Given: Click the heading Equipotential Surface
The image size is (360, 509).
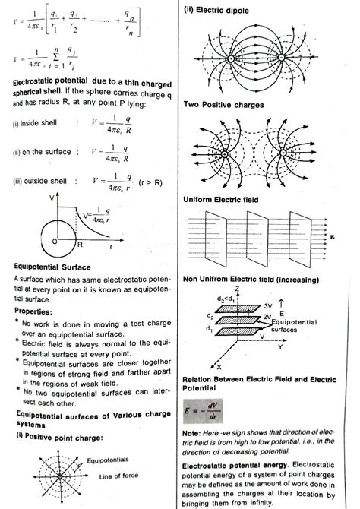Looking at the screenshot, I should coord(52,267).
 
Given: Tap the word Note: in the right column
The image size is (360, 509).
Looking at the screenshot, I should coord(192,433).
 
